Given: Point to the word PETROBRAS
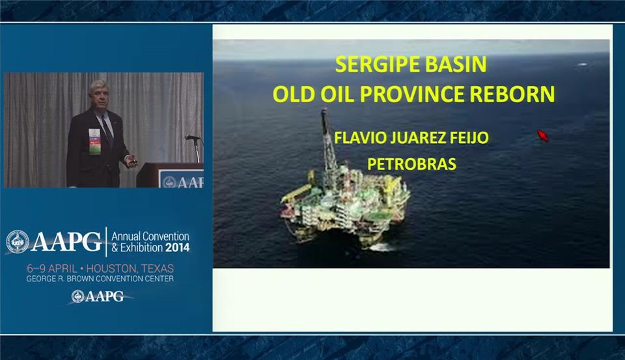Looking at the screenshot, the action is click(411, 164).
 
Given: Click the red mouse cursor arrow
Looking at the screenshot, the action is click(542, 135).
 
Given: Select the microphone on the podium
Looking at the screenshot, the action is click(193, 138).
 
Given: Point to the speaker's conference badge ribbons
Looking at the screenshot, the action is click(94, 141).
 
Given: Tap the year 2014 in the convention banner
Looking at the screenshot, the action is click(177, 247).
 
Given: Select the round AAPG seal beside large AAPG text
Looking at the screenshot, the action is click(18, 242).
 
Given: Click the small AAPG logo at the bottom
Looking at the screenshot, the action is click(98, 296).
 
